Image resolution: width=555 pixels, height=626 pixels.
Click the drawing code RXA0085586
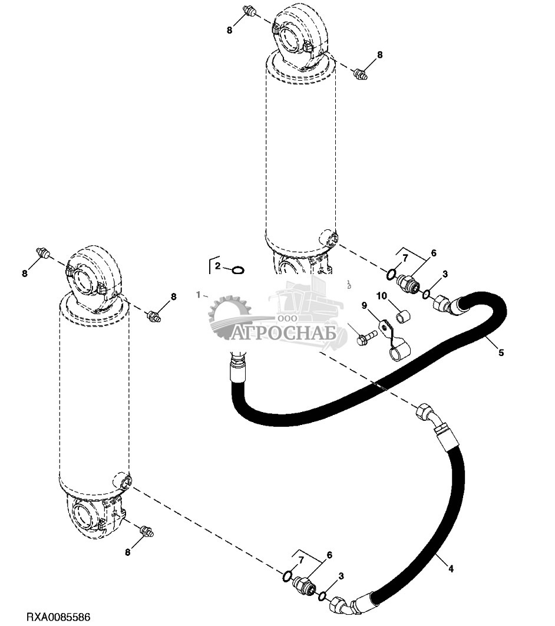[x=58, y=617]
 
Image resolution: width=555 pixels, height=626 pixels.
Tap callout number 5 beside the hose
[x=501, y=353]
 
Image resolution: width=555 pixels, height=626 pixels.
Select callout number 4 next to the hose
[x=451, y=569]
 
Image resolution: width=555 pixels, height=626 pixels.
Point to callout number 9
[x=364, y=305]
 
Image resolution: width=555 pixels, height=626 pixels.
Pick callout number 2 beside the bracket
[x=217, y=266]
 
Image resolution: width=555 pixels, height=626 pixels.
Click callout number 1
[x=199, y=294]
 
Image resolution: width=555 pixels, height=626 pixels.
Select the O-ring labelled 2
[x=238, y=270]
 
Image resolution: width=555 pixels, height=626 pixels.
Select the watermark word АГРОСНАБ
[x=289, y=334]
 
